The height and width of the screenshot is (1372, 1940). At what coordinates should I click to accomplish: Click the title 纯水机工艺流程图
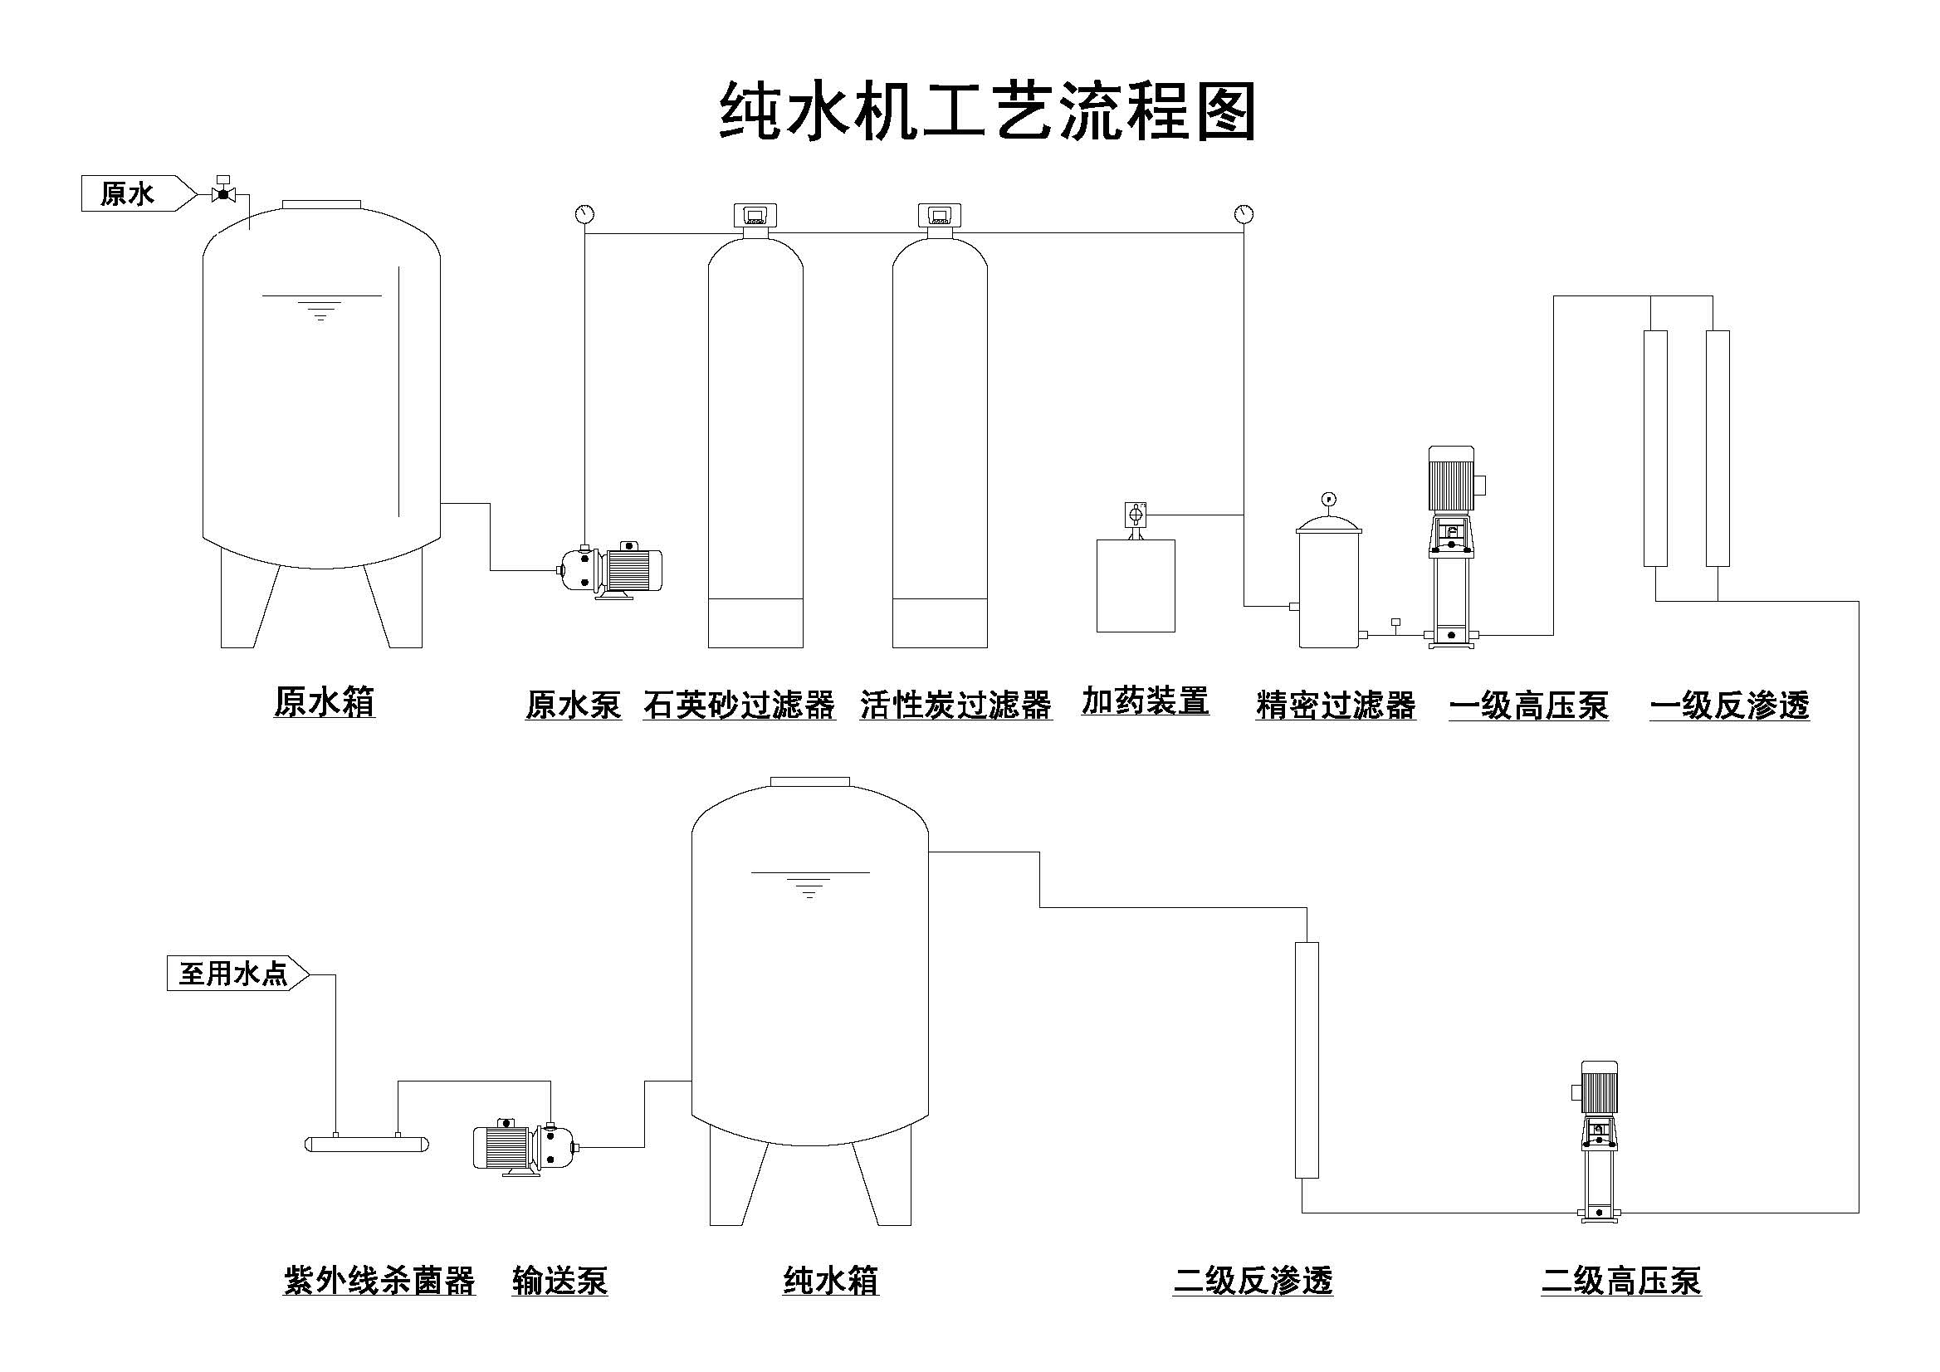(x=987, y=111)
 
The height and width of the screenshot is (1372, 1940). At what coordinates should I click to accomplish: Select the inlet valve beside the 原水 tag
(x=223, y=193)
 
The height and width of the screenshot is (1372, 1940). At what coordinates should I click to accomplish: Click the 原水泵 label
(x=573, y=705)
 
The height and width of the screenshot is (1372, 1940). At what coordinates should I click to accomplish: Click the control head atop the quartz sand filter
(x=755, y=217)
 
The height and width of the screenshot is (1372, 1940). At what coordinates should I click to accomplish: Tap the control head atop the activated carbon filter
(x=941, y=217)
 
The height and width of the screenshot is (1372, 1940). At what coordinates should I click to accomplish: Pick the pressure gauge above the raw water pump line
(x=584, y=214)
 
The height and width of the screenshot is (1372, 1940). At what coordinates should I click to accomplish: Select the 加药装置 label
(x=1145, y=701)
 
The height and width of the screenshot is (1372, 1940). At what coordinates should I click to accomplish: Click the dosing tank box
(x=1136, y=585)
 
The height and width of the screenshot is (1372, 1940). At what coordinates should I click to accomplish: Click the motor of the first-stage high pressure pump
(x=1452, y=478)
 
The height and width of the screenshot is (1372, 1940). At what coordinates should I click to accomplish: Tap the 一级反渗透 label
(x=1729, y=706)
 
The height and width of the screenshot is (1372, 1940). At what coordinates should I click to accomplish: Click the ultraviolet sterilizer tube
(x=366, y=1144)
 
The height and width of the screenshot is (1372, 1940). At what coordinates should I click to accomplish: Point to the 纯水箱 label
(x=831, y=1281)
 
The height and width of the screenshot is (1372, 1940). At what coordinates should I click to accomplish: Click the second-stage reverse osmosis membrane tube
(x=1307, y=1060)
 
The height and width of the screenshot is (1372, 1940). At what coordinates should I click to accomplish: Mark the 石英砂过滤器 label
(x=739, y=705)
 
